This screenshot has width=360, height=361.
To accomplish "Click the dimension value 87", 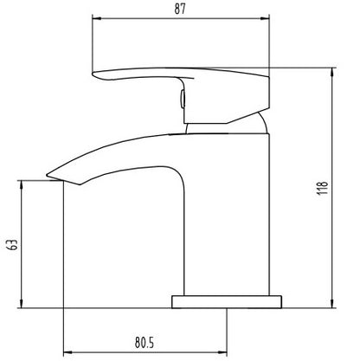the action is click(180, 9).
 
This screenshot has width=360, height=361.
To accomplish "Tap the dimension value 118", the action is click(323, 188).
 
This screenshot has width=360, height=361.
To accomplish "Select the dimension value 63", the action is click(13, 245).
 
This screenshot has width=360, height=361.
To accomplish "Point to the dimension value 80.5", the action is click(145, 343).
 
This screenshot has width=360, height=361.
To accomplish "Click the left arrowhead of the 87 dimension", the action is click(96, 19).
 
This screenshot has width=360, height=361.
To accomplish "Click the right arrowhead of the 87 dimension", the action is click(265, 19).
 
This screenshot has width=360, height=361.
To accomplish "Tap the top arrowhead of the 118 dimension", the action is click(332, 72).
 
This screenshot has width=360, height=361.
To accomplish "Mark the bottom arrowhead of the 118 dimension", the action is click(332, 304).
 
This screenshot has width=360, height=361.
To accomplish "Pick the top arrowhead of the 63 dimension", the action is click(22, 185).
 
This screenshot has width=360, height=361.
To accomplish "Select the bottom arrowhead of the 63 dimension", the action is click(22, 304).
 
